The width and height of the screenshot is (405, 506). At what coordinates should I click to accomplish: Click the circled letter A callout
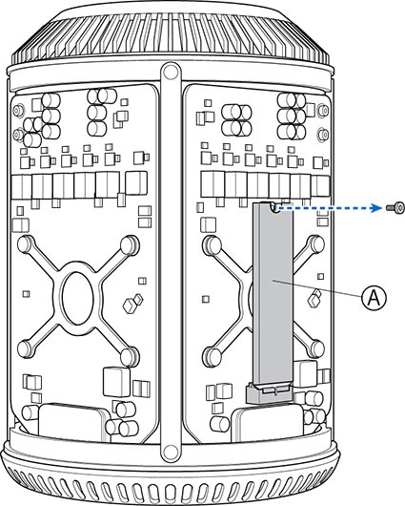click(x=374, y=298)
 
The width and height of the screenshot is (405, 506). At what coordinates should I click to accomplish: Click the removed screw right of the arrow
click(x=395, y=208)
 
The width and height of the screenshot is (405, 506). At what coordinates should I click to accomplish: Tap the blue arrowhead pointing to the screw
click(x=375, y=208)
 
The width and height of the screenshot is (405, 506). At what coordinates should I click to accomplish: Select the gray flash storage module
click(x=273, y=294)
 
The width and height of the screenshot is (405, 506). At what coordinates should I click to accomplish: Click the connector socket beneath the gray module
click(x=270, y=392)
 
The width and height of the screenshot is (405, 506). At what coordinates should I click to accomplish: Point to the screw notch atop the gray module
click(x=274, y=207)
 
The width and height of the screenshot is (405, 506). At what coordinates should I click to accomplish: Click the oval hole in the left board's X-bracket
click(x=77, y=298)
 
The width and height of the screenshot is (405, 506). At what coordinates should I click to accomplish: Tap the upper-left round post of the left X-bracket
click(x=26, y=244)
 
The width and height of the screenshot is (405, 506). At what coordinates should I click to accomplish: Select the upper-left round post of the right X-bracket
click(x=211, y=245)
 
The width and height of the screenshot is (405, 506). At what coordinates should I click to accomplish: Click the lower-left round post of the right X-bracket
click(x=212, y=357)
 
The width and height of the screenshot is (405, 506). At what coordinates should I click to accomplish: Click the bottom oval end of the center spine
click(x=170, y=450)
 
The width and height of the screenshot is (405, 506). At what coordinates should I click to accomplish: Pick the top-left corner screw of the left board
click(x=18, y=111)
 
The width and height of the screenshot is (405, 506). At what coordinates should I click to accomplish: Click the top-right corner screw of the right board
click(x=322, y=111)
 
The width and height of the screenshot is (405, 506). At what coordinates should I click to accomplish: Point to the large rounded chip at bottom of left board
click(x=71, y=422)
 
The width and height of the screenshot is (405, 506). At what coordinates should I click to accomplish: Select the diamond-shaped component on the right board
click(x=314, y=299)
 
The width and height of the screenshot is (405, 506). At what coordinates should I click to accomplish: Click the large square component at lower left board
click(x=116, y=382)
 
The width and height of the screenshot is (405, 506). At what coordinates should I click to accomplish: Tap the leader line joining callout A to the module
click(x=317, y=288)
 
